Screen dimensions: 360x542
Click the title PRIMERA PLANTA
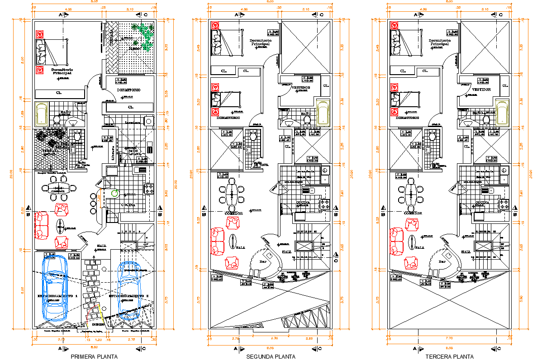(x=94, y=356)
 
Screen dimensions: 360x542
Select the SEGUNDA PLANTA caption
(x=271, y=356)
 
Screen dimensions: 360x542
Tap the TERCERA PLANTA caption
(x=449, y=356)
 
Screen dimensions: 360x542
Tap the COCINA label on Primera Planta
(x=128, y=205)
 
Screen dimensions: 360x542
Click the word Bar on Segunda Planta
(x=262, y=261)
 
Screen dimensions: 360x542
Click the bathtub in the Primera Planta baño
(x=41, y=114)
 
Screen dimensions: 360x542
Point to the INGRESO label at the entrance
(x=98, y=324)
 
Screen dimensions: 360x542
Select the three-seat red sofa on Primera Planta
(x=41, y=225)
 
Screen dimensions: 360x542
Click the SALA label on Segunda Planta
(x=241, y=247)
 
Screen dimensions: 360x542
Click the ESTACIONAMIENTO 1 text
(x=57, y=295)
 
